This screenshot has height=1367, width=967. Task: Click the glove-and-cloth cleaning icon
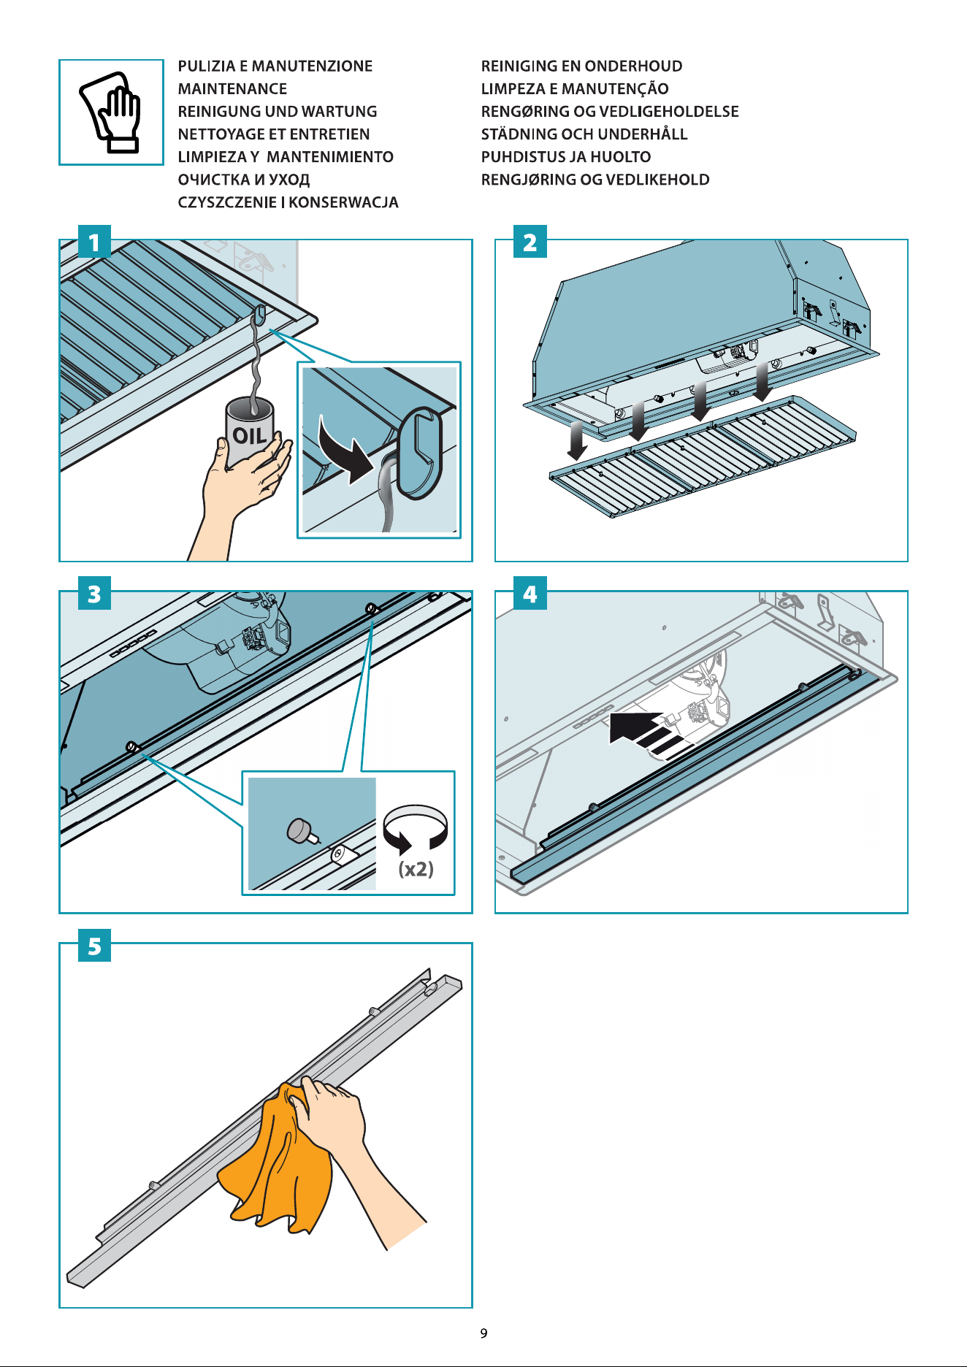(111, 112)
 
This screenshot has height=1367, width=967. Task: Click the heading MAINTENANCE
(232, 89)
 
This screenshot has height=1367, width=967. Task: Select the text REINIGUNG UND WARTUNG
(278, 112)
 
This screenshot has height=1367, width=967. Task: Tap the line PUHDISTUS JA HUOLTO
(566, 157)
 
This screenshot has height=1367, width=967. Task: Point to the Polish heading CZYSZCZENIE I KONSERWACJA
(288, 202)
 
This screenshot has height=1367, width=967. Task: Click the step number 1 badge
(94, 242)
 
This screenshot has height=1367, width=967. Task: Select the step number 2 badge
(530, 242)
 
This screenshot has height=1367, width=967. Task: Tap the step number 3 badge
(94, 594)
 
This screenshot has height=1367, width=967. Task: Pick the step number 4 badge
(530, 594)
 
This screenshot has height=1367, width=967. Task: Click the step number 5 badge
(94, 946)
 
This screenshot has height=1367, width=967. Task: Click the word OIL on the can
(249, 436)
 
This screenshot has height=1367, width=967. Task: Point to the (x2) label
(416, 869)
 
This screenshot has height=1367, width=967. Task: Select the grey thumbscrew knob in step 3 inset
(300, 830)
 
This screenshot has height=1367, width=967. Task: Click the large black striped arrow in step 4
(646, 733)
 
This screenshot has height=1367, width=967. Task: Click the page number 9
(483, 1333)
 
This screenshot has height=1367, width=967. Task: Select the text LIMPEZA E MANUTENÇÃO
(575, 89)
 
